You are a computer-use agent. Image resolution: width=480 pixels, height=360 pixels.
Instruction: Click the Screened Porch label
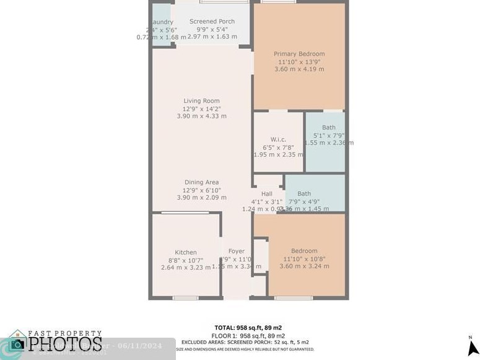(x=212, y=22)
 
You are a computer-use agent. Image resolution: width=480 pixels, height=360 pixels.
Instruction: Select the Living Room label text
(x=201, y=101)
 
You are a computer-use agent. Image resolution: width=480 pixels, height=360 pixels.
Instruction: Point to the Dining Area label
(x=201, y=183)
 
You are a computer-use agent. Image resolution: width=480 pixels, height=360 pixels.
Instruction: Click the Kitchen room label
(x=186, y=252)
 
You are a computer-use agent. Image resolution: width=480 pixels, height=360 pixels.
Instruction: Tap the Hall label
(x=267, y=194)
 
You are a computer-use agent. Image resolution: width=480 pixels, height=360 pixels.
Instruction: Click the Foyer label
(x=237, y=251)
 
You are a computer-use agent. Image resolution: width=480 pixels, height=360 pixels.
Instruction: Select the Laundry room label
(x=162, y=22)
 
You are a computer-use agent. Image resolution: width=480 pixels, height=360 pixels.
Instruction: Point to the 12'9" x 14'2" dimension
(x=201, y=108)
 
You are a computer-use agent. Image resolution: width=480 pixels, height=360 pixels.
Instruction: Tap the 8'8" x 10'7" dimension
(x=186, y=260)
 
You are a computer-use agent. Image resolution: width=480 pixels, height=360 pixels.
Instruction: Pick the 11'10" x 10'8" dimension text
(x=304, y=258)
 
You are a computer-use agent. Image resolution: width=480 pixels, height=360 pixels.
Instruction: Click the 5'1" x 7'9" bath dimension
(x=329, y=135)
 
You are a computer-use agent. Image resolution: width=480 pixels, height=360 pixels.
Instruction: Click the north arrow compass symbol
(x=470, y=345)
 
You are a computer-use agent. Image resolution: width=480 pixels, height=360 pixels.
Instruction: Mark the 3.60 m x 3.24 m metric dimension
(x=304, y=266)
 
